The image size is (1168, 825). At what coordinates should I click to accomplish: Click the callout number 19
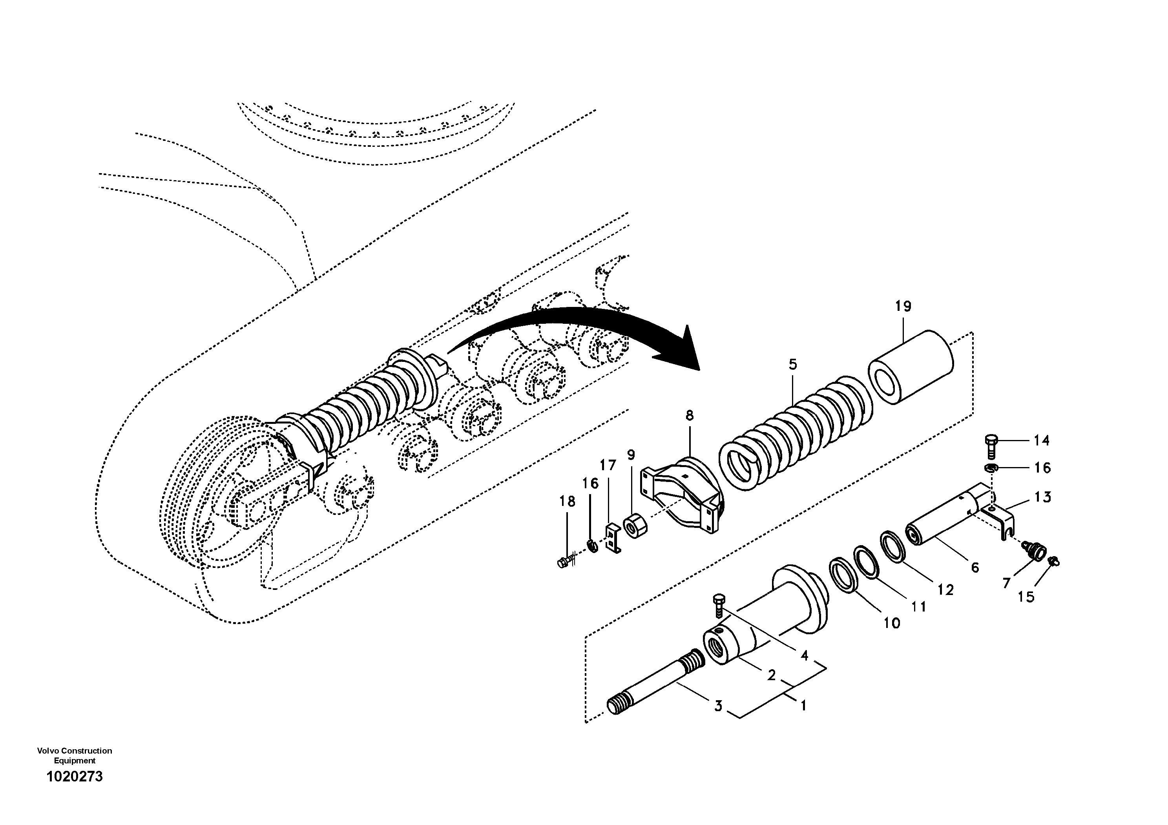coord(903,306)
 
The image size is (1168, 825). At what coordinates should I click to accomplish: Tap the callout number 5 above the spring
coord(792,364)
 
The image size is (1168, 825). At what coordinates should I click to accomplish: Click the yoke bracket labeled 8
coord(682,493)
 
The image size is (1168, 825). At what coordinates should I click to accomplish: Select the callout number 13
coord(1043,497)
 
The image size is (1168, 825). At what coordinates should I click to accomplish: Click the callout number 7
coord(1006,583)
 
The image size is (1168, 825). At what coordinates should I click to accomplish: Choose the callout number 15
coord(1026,597)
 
